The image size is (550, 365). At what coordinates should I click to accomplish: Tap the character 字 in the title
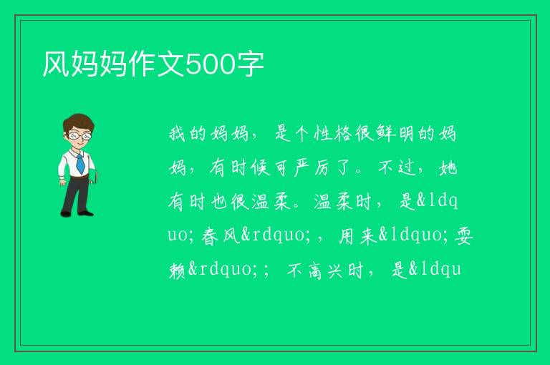click(x=250, y=64)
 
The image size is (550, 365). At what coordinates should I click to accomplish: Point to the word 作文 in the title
click(x=156, y=64)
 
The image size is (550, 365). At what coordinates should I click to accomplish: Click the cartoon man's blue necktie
click(x=80, y=163)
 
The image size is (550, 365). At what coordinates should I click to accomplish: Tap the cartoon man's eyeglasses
click(x=80, y=136)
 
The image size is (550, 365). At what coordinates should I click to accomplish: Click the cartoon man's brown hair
click(x=79, y=122)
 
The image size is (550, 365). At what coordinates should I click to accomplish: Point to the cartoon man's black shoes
click(x=77, y=213)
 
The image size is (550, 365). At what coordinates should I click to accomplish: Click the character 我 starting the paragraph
click(x=177, y=133)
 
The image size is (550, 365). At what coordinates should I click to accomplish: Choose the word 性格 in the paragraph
click(x=332, y=133)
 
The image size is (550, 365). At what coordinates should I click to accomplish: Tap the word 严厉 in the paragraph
click(x=312, y=167)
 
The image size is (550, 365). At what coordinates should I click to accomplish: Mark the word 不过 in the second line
click(x=397, y=167)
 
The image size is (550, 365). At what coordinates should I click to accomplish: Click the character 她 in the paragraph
click(x=448, y=167)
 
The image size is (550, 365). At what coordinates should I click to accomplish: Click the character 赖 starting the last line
click(x=178, y=270)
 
